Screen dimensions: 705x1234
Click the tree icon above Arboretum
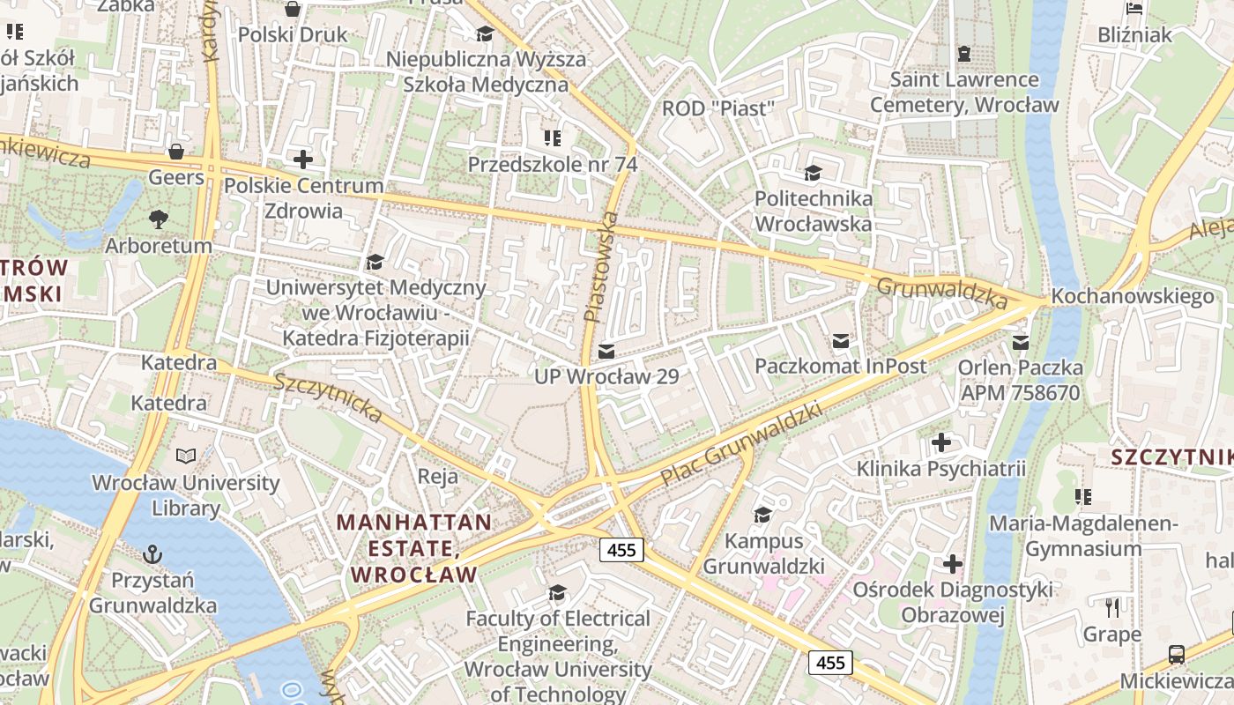[159, 218]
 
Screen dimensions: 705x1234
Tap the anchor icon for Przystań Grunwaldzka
[152, 554]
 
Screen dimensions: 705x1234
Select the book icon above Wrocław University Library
[186, 456]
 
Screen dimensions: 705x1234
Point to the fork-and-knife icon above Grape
[1112, 607]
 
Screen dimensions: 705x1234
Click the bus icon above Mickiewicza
[1176, 654]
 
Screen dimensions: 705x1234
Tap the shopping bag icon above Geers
[176, 151]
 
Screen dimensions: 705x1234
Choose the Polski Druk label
[293, 35]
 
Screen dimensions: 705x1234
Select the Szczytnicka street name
[328, 397]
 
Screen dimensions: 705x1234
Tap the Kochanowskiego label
[1133, 296]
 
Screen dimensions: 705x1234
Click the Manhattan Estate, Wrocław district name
[413, 548]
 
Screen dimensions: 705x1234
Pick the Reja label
[438, 477]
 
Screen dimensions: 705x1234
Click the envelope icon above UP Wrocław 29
[606, 352]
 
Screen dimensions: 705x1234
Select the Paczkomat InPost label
[841, 366]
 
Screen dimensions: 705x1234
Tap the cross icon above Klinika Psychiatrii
[941, 442]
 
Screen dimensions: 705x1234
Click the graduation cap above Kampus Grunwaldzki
[763, 514]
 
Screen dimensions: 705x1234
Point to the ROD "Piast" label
[718, 108]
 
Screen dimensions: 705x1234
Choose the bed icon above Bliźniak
[1135, 9]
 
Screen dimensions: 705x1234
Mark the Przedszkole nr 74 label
[553, 164]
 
